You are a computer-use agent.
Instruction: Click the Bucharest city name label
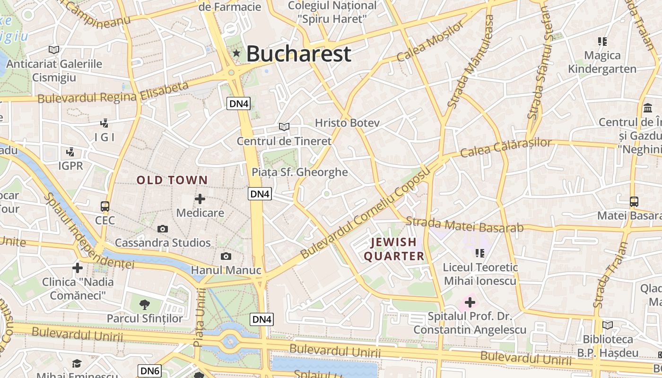click(298, 53)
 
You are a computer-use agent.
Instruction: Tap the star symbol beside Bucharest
click(236, 53)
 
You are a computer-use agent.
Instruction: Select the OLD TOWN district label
click(172, 180)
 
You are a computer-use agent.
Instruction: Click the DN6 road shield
click(150, 371)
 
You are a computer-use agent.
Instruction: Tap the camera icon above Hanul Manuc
click(226, 256)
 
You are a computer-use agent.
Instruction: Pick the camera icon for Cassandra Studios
click(163, 229)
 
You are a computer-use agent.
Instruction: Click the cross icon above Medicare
click(200, 199)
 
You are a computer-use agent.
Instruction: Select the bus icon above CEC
click(105, 206)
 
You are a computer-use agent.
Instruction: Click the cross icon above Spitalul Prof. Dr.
click(470, 302)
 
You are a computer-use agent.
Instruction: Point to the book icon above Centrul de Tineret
click(284, 127)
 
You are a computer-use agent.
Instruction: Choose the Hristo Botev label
click(347, 123)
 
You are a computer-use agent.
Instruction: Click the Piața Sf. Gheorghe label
click(300, 172)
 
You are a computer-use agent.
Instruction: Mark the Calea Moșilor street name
click(430, 41)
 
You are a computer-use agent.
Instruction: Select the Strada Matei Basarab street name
click(465, 224)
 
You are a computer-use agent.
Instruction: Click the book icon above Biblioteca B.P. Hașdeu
click(608, 325)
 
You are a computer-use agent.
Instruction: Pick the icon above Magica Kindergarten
click(602, 42)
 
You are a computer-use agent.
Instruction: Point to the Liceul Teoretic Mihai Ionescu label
click(480, 274)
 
